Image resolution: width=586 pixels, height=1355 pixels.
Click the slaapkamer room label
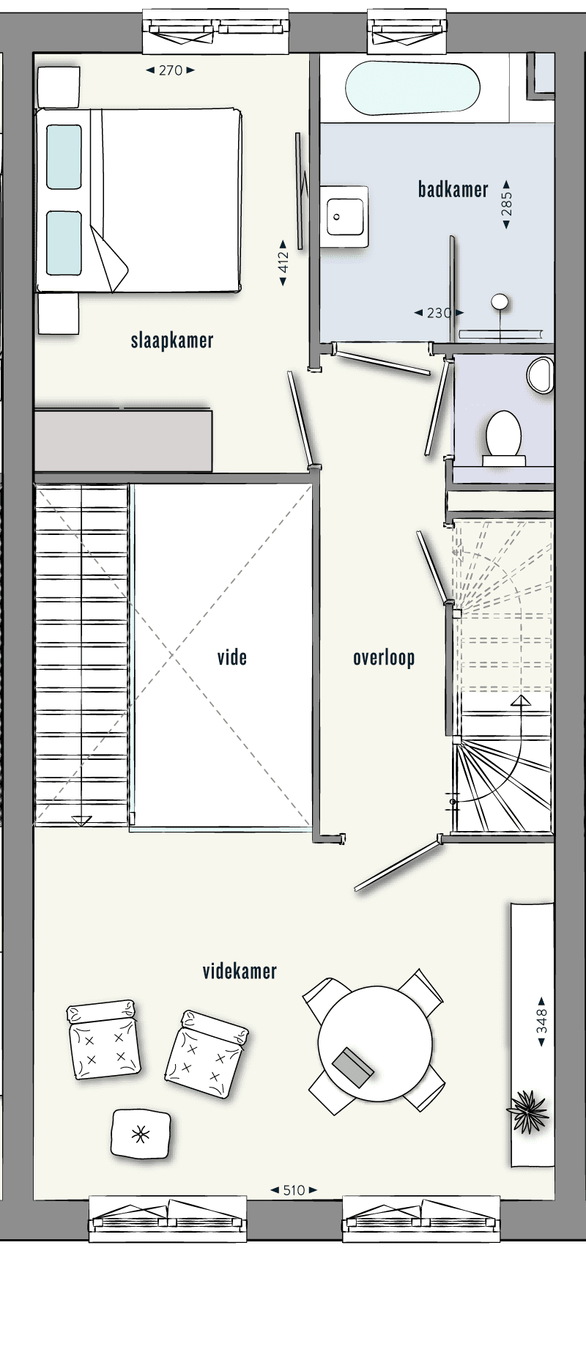click(172, 341)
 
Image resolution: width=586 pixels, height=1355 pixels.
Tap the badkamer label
click(453, 190)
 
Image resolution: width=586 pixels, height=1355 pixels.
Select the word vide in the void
click(232, 657)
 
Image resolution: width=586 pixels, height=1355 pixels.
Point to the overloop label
click(384, 658)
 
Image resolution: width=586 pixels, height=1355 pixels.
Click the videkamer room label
click(240, 972)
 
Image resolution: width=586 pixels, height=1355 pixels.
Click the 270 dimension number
click(170, 70)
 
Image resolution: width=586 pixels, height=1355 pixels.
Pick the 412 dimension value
click(284, 262)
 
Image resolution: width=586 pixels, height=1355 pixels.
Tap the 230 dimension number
click(438, 313)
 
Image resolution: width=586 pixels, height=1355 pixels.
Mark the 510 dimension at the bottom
click(293, 1191)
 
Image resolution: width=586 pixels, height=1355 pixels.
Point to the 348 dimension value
click(541, 1022)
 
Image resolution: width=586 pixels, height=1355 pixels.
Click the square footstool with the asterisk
click(141, 1134)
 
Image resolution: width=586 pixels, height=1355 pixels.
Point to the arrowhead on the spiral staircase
click(521, 702)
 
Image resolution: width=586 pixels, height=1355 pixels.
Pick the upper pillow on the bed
click(64, 156)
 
